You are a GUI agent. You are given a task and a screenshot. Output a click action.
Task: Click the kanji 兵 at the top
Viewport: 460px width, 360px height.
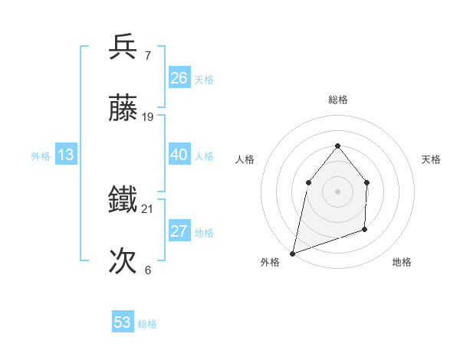pyautogui.click(x=123, y=47)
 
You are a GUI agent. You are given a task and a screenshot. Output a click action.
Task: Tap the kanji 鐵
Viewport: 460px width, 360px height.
pyautogui.click(x=123, y=200)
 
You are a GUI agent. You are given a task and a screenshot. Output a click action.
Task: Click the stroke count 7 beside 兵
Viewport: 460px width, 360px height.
pyautogui.click(x=147, y=55)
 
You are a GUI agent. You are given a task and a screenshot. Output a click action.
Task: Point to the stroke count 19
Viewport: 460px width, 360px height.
pyautogui.click(x=148, y=117)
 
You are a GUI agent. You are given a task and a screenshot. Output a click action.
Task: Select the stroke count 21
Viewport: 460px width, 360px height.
pyautogui.click(x=148, y=208)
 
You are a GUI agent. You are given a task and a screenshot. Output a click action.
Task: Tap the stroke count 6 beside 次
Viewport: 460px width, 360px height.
pyautogui.click(x=147, y=270)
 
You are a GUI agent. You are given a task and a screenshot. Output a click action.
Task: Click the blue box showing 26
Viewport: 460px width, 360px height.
pyautogui.click(x=179, y=78)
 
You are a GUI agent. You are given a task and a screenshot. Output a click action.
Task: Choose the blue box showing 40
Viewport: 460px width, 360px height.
pyautogui.click(x=179, y=155)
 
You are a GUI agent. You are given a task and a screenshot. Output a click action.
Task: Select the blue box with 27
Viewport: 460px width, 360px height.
pyautogui.click(x=179, y=231)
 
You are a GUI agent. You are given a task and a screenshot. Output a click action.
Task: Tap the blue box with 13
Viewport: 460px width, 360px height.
pyautogui.click(x=66, y=155)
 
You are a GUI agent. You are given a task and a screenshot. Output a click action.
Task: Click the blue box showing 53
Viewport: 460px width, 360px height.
pyautogui.click(x=123, y=322)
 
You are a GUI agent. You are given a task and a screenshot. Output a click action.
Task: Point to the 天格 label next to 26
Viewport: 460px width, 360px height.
pyautogui.click(x=204, y=80)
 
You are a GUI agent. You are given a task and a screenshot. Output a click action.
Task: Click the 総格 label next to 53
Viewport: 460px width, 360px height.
pyautogui.click(x=147, y=324)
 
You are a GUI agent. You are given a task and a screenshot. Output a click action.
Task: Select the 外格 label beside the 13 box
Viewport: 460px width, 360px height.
pyautogui.click(x=41, y=156)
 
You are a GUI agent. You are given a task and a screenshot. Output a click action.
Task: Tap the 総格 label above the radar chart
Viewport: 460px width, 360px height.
pyautogui.click(x=338, y=100)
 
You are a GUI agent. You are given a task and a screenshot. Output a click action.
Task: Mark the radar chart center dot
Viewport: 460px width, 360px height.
pyautogui.click(x=337, y=191)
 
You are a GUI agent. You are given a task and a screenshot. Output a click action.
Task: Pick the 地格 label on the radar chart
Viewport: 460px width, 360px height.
pyautogui.click(x=402, y=262)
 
